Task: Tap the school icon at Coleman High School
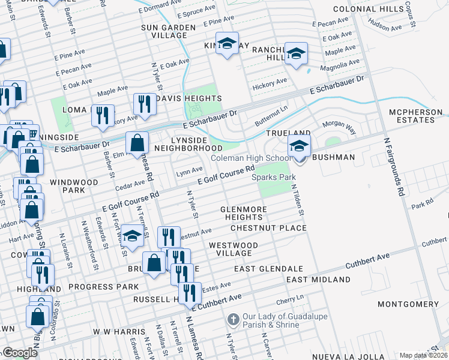coord(299,146)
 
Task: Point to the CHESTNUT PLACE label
coord(269,229)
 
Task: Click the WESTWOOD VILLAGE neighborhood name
coord(233,250)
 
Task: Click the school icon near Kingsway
coord(227,43)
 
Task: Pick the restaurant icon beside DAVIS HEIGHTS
coord(145,103)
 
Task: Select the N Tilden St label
coord(298,200)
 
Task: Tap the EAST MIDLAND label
coord(318,280)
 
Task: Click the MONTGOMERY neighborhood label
coord(408,305)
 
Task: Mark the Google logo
coord(20,353)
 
